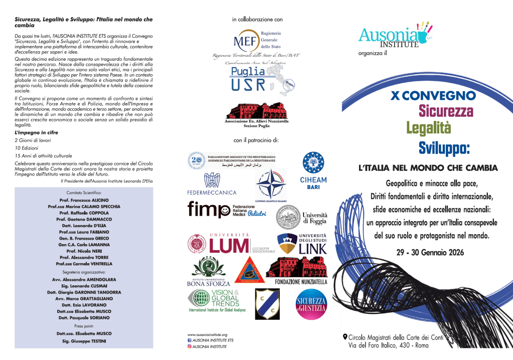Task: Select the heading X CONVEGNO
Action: (433, 95)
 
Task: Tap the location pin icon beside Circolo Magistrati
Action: (345, 336)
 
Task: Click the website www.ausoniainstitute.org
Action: (207, 334)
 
